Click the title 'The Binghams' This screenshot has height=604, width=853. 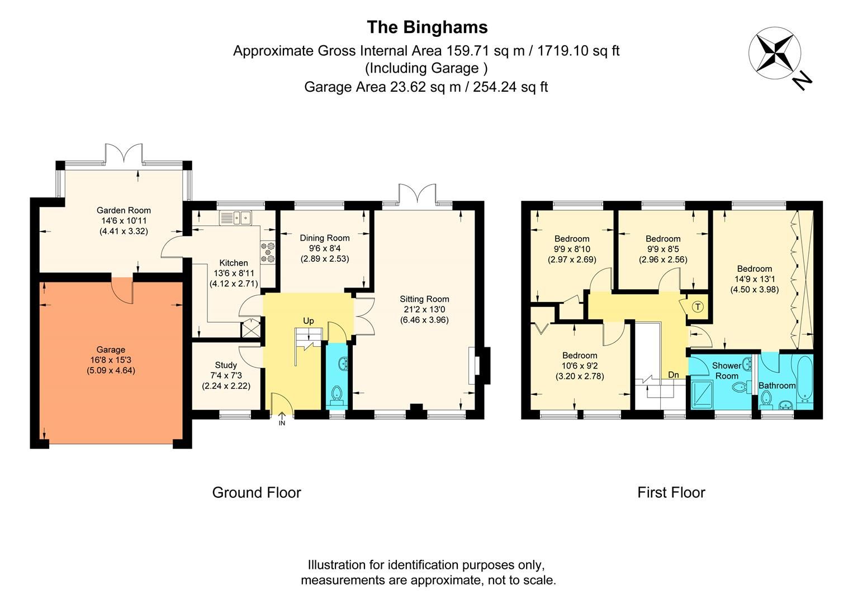(x=426, y=27)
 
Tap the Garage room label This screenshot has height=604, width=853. (x=111, y=350)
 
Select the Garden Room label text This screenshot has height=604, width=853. (x=124, y=210)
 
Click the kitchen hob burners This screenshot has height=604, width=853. (x=268, y=252)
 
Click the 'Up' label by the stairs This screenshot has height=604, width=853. (x=308, y=320)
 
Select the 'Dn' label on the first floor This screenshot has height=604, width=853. (x=674, y=375)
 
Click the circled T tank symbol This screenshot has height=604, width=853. (x=698, y=307)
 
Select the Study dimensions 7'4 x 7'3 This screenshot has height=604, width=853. (x=226, y=375)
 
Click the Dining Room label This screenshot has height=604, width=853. (x=325, y=238)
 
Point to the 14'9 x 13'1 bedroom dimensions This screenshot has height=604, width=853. (x=754, y=279)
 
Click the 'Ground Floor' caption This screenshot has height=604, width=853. (x=257, y=493)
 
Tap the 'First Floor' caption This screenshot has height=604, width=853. (x=671, y=493)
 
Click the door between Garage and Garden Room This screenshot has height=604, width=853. (x=122, y=288)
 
